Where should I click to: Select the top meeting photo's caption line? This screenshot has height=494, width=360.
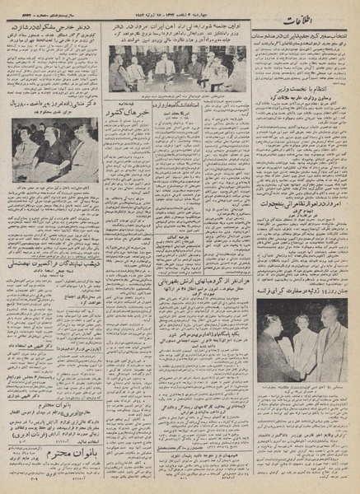click(x=177, y=97)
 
